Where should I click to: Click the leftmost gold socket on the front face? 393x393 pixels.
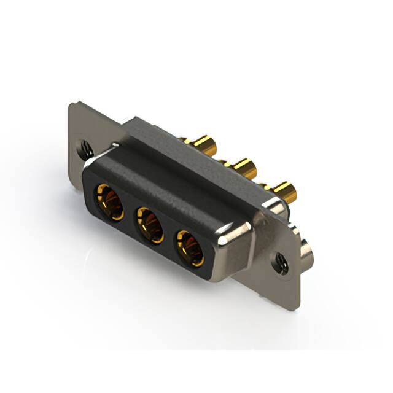[x=109, y=203]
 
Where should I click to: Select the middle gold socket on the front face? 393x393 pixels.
[x=150, y=224]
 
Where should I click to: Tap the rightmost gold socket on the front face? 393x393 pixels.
[x=191, y=247]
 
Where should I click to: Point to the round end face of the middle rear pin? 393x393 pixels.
[x=251, y=169]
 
